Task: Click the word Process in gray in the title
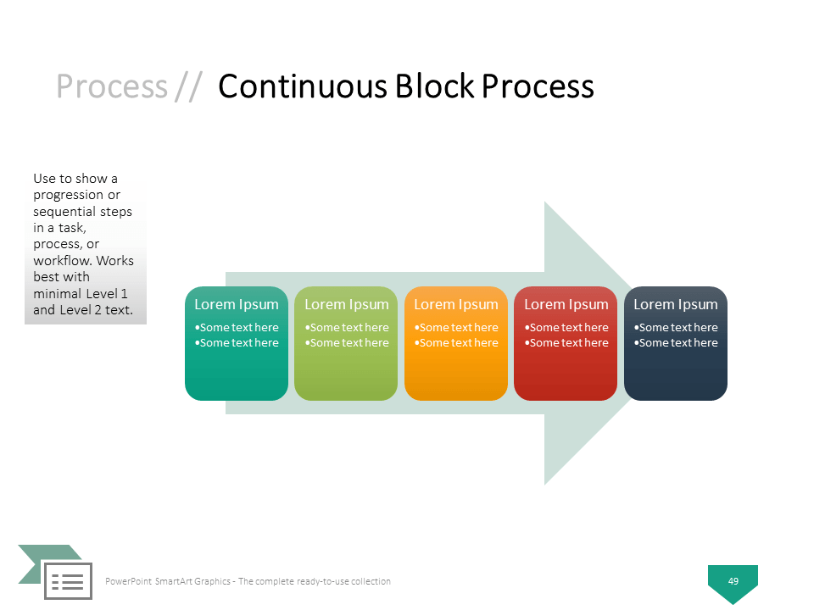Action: tap(112, 86)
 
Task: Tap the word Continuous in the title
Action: tap(303, 86)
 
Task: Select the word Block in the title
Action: tap(435, 86)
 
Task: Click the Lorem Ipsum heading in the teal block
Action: tap(237, 304)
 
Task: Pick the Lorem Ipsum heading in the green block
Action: tap(346, 304)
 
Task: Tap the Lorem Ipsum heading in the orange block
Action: tap(456, 304)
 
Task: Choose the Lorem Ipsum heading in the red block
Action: tap(566, 304)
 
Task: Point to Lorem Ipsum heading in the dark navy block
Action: tap(676, 304)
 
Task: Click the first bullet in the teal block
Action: tap(237, 327)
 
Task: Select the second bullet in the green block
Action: tap(346, 343)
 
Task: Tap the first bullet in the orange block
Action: tap(456, 327)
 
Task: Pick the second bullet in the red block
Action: tap(566, 343)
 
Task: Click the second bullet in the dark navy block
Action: tap(676, 343)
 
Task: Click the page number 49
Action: tap(733, 581)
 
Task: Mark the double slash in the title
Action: tap(188, 86)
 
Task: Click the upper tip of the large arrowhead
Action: tap(544, 202)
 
